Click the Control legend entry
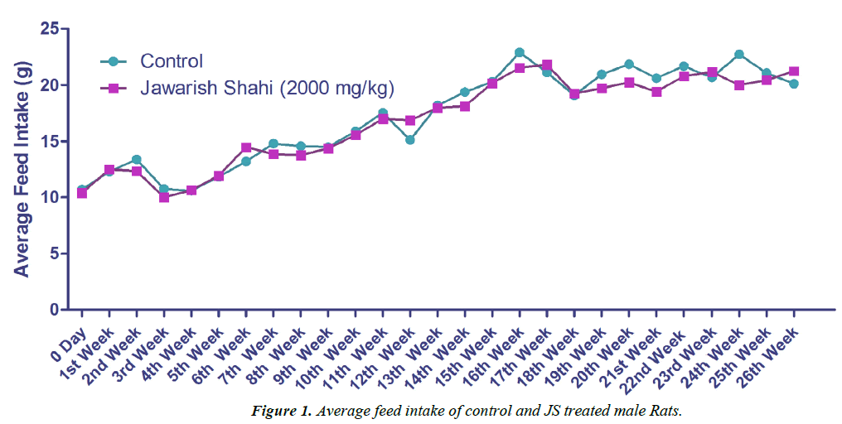(x=172, y=60)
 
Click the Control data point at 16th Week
(x=520, y=52)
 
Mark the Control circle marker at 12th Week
(x=409, y=140)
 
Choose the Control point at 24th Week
(x=739, y=55)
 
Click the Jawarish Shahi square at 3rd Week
(x=164, y=197)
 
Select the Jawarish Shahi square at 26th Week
(x=794, y=71)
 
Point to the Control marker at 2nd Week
(x=136, y=159)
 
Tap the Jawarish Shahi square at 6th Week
(x=246, y=147)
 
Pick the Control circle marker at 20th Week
(x=629, y=64)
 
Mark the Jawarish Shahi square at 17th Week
(x=547, y=65)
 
